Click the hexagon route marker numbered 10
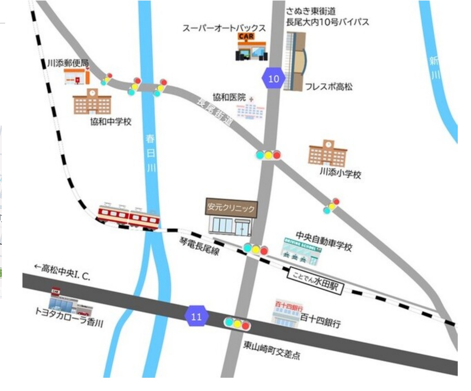pyautogui.click(x=274, y=79)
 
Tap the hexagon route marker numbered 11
pyautogui.click(x=196, y=316)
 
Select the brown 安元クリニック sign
pyautogui.click(x=231, y=208)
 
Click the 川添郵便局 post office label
pyautogui.click(x=68, y=63)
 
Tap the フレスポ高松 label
pyautogui.click(x=329, y=87)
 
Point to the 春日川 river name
pyautogui.click(x=151, y=153)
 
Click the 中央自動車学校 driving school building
pyautogui.click(x=301, y=252)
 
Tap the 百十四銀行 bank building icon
pyautogui.click(x=287, y=314)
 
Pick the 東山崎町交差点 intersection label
pyautogui.click(x=271, y=350)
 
